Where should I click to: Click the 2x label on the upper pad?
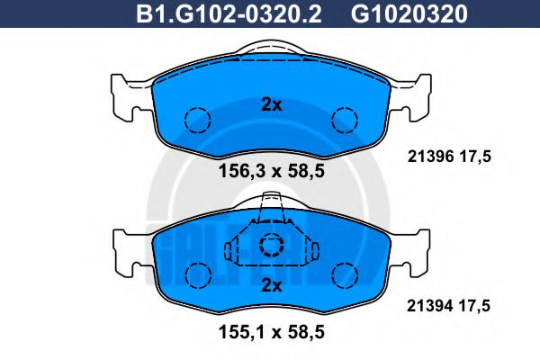click(x=271, y=104)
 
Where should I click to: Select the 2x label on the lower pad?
click(x=271, y=286)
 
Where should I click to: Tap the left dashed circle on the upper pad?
click(x=196, y=119)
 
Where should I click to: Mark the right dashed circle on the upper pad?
click(x=345, y=119)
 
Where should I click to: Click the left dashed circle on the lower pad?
click(x=196, y=274)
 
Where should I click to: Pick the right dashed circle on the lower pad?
click(x=346, y=274)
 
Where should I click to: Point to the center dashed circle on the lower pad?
click(x=270, y=247)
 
